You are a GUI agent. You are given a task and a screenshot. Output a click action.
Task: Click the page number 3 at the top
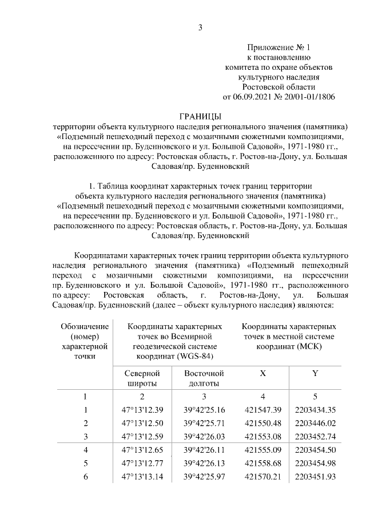click(x=200, y=27)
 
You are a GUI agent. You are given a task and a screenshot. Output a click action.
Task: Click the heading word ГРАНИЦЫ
click(x=200, y=116)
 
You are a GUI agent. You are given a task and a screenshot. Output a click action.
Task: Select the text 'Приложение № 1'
click(x=278, y=47)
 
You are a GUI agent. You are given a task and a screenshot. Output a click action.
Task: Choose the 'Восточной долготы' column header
click(x=204, y=378)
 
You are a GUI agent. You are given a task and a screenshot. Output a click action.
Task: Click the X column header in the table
click(x=262, y=373)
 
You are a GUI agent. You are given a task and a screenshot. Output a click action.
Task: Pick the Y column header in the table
click(x=315, y=373)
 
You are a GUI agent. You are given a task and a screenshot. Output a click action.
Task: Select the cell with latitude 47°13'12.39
click(x=142, y=409)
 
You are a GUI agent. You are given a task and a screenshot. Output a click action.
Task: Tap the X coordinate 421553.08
click(x=262, y=436)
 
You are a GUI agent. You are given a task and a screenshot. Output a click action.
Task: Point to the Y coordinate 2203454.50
click(x=315, y=450)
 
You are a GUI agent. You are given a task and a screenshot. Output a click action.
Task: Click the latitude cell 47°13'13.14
click(x=142, y=477)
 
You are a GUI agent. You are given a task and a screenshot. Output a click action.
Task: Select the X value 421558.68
click(x=262, y=463)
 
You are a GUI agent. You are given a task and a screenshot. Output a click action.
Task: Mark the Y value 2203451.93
click(x=315, y=477)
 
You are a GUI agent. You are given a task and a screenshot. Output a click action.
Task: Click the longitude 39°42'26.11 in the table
click(x=204, y=450)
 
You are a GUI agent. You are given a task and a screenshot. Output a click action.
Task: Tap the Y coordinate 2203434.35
click(x=315, y=409)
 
